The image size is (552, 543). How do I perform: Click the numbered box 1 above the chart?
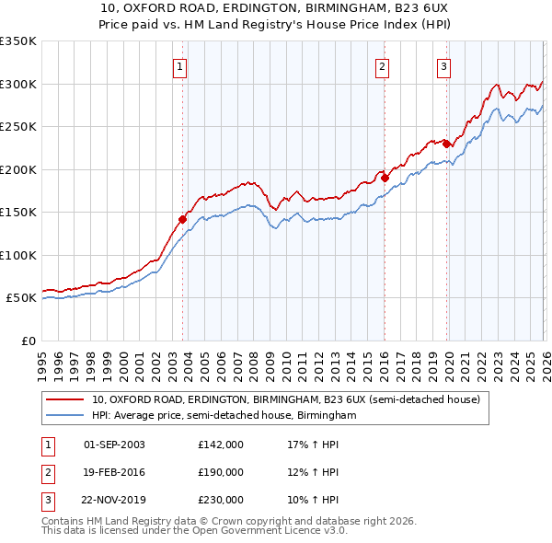179,66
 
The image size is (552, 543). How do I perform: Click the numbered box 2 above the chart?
382,66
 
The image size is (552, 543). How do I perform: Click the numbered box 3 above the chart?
443,66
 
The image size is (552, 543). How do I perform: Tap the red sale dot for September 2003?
183,219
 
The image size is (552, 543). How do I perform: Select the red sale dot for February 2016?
385,178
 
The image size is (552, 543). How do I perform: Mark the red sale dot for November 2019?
446,144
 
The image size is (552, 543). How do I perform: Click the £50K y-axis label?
20,298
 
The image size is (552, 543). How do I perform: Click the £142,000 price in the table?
220,445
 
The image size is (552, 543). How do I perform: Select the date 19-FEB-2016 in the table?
114,472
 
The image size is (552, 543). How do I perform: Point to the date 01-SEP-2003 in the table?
114,445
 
